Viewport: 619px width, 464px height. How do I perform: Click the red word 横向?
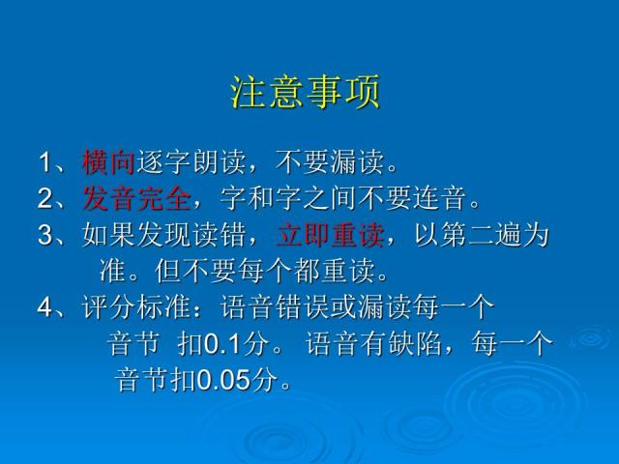(107, 159)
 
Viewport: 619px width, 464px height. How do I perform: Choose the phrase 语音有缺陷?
(370, 344)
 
